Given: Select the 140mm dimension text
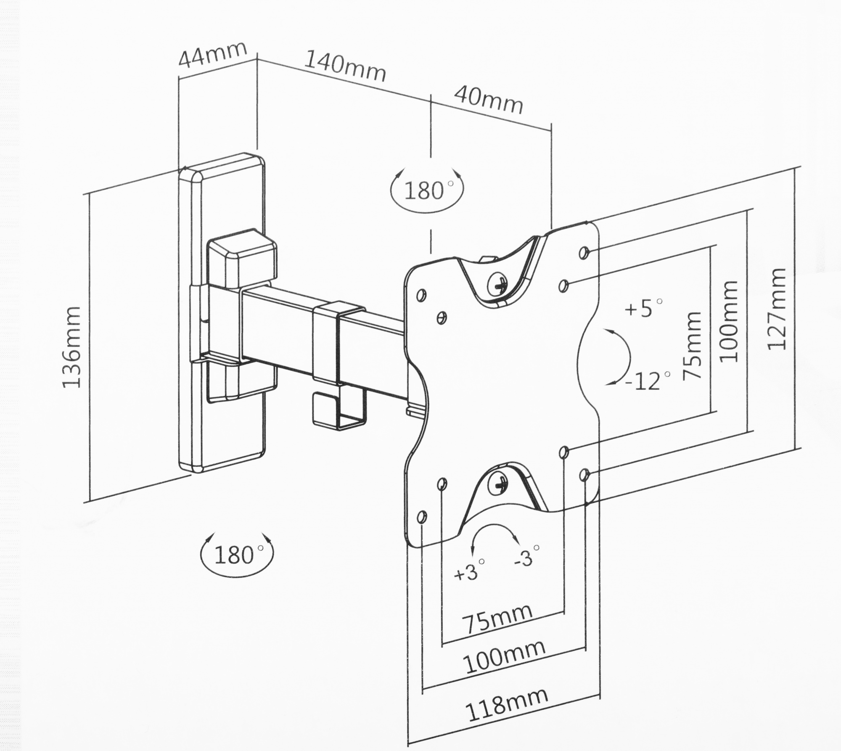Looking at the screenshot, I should point(345,66).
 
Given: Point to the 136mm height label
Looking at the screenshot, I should point(71,347).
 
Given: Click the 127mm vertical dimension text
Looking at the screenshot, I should point(776,309).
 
